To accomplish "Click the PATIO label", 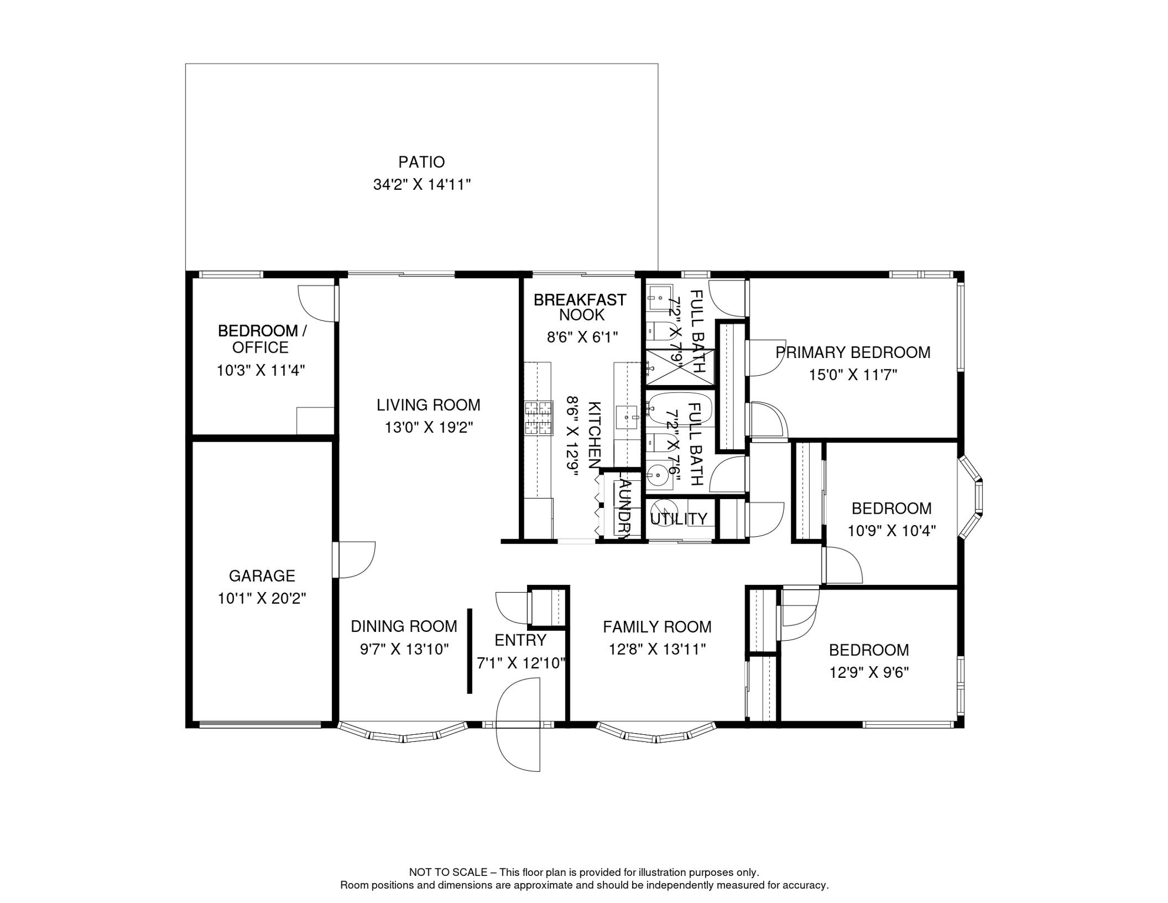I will click(421, 162).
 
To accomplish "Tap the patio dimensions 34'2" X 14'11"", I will click(421, 185).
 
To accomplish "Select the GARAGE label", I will click(261, 576).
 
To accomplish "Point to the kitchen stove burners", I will click(538, 417).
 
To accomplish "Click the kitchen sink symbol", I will click(626, 417).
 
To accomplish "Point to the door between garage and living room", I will click(354, 560).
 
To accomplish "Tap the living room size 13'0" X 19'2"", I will click(428, 427).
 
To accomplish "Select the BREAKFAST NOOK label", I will click(580, 307).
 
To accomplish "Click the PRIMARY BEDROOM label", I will click(852, 352).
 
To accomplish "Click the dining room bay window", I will click(402, 735).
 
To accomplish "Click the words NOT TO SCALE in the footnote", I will click(448, 872).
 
